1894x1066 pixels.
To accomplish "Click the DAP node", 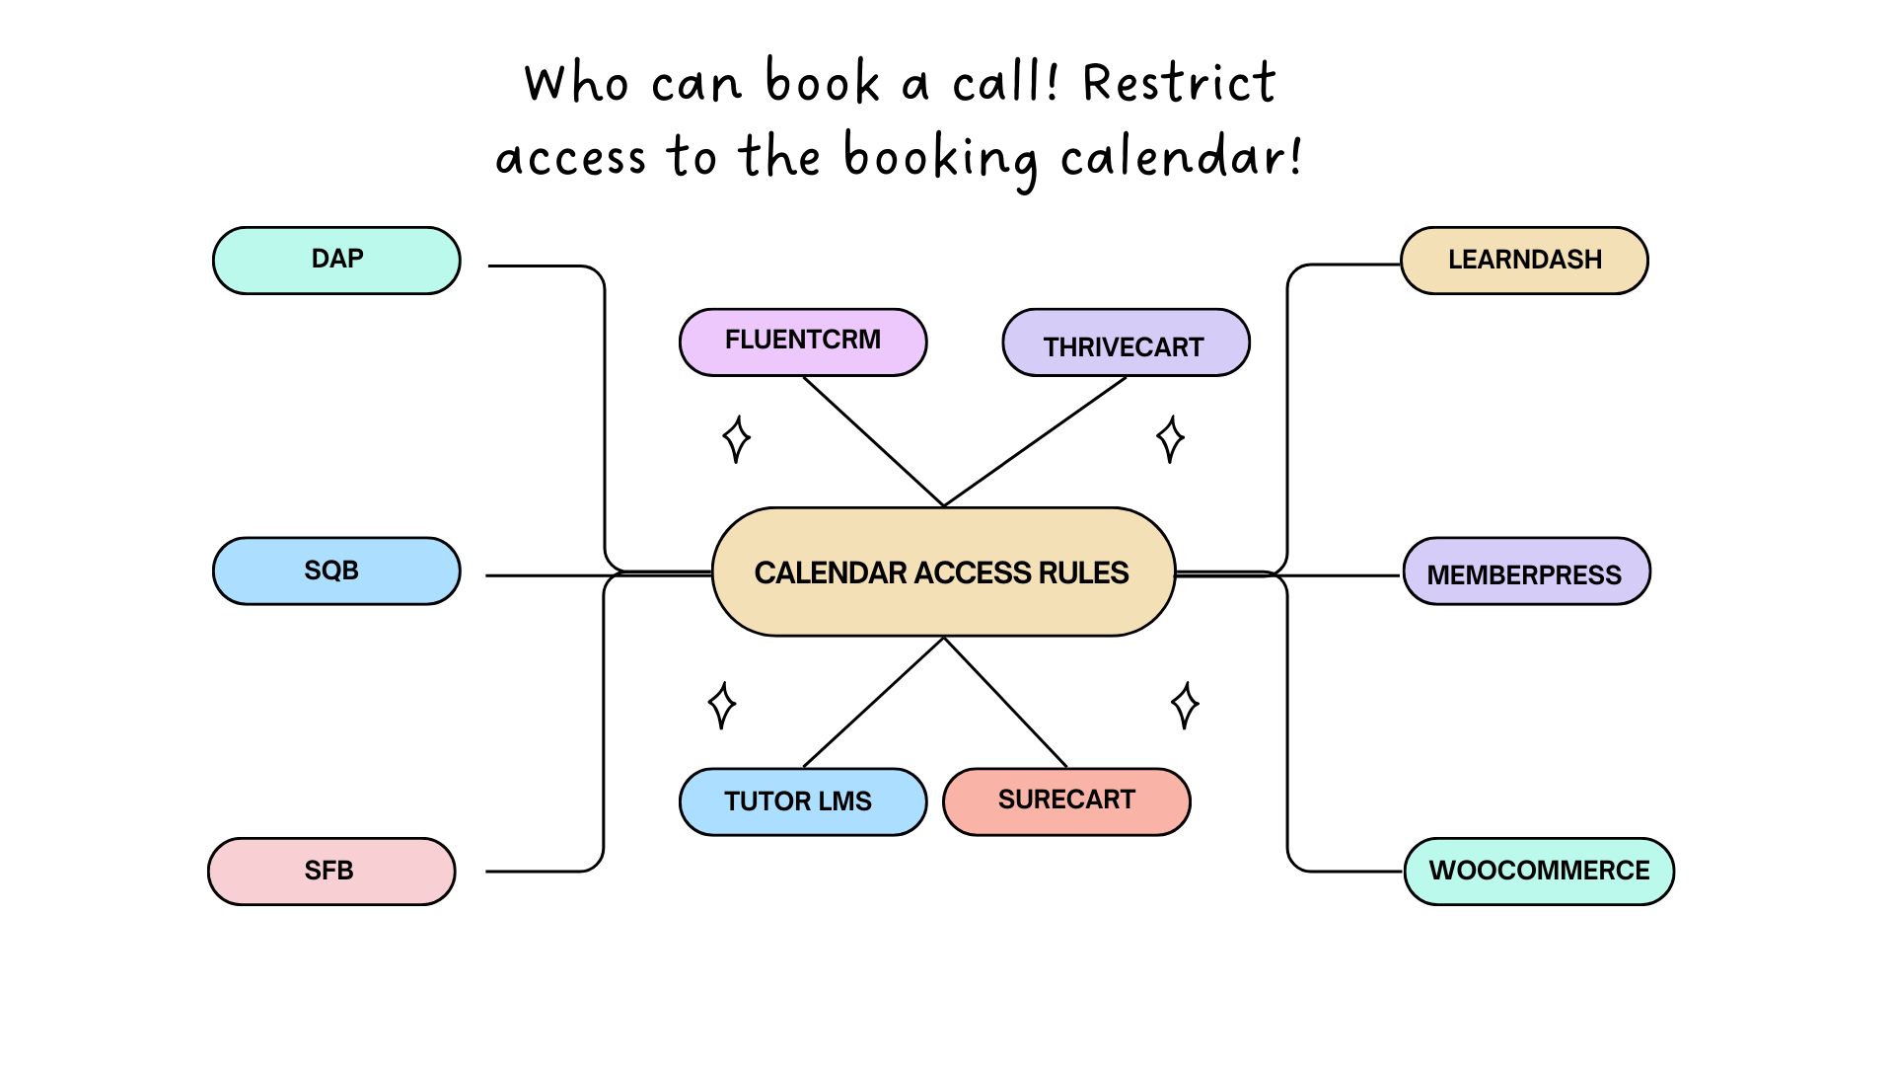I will [x=336, y=260].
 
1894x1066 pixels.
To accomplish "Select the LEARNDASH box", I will [x=1524, y=260].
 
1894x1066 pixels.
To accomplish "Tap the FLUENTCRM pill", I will [x=803, y=342].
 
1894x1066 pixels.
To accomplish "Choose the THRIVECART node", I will [x=1126, y=343].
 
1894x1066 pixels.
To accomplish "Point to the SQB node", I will [x=336, y=571].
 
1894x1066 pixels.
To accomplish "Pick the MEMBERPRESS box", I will [x=1526, y=571].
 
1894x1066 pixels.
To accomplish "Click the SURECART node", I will [x=1066, y=800].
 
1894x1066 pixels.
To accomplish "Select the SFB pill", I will [x=331, y=871].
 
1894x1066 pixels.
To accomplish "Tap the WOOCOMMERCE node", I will [x=1539, y=871].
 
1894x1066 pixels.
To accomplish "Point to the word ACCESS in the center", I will [x=973, y=573].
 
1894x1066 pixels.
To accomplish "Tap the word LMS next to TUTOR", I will [x=845, y=801].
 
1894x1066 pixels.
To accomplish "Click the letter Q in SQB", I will [x=331, y=571].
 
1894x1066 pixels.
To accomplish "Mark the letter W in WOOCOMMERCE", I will [x=1442, y=871].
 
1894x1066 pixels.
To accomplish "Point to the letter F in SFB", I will [x=328, y=871].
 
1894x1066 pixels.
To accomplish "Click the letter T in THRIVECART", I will [x=1052, y=347].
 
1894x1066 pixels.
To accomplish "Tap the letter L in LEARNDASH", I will [x=1455, y=260].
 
